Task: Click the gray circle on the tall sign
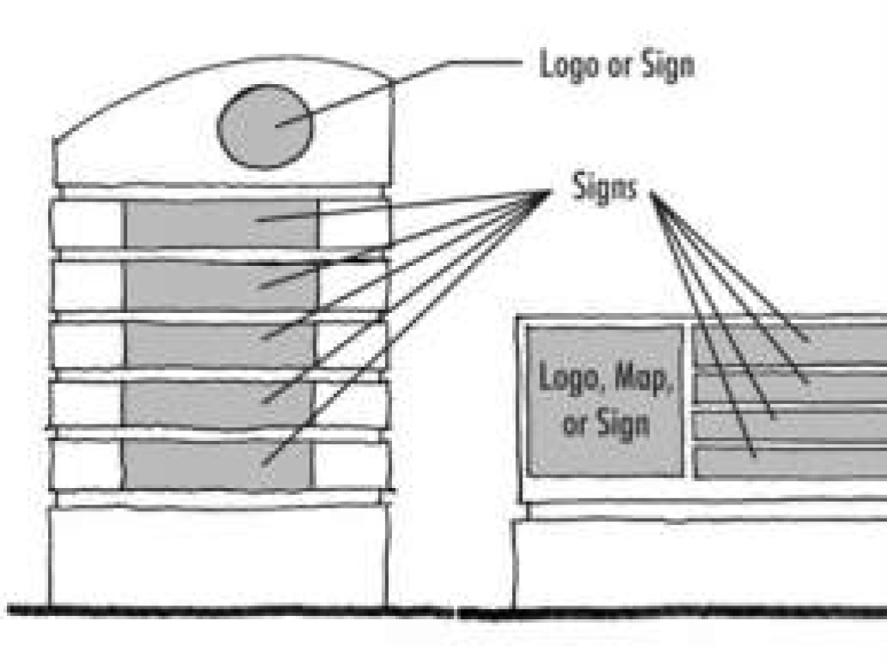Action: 265,126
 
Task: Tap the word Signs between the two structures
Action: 606,189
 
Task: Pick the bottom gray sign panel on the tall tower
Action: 219,464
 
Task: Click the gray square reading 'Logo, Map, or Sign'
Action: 605,401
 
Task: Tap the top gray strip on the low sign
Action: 789,343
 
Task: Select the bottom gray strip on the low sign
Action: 789,464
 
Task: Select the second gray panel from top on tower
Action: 219,286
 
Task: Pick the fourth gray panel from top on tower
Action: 219,404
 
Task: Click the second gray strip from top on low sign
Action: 789,389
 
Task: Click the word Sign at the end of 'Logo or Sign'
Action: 666,65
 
